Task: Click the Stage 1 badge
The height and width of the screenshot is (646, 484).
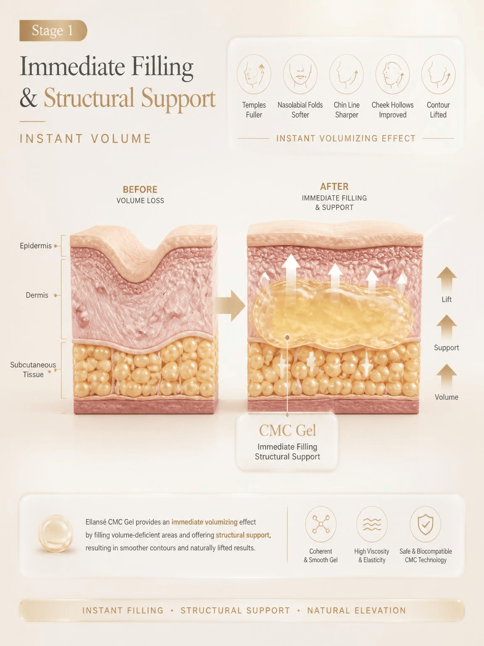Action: (53, 31)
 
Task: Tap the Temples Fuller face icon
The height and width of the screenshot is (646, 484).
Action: (254, 74)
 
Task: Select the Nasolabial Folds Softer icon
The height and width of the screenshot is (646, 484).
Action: (300, 74)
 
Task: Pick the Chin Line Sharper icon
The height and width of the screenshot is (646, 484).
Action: (347, 74)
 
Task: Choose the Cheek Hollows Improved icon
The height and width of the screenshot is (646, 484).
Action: (392, 74)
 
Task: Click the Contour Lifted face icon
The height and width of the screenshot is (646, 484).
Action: (439, 74)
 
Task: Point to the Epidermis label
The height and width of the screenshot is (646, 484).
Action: (36, 246)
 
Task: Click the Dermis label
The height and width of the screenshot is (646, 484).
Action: (37, 295)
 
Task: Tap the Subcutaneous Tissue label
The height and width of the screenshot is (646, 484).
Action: (33, 370)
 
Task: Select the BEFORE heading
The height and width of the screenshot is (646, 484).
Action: (140, 189)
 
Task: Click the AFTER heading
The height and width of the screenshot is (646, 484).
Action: (334, 187)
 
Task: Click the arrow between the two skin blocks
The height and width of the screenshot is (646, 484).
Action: (230, 305)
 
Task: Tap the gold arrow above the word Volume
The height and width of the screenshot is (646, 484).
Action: (446, 377)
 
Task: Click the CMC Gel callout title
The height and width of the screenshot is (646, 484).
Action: (287, 431)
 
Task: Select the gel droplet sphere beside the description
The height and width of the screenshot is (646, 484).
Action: (56, 533)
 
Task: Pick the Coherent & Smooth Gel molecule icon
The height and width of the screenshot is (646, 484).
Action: (321, 524)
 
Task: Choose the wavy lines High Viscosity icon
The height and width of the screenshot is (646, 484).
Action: (372, 524)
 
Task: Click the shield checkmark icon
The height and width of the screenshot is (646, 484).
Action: (426, 524)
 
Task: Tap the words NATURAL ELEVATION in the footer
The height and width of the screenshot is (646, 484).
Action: (356, 610)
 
